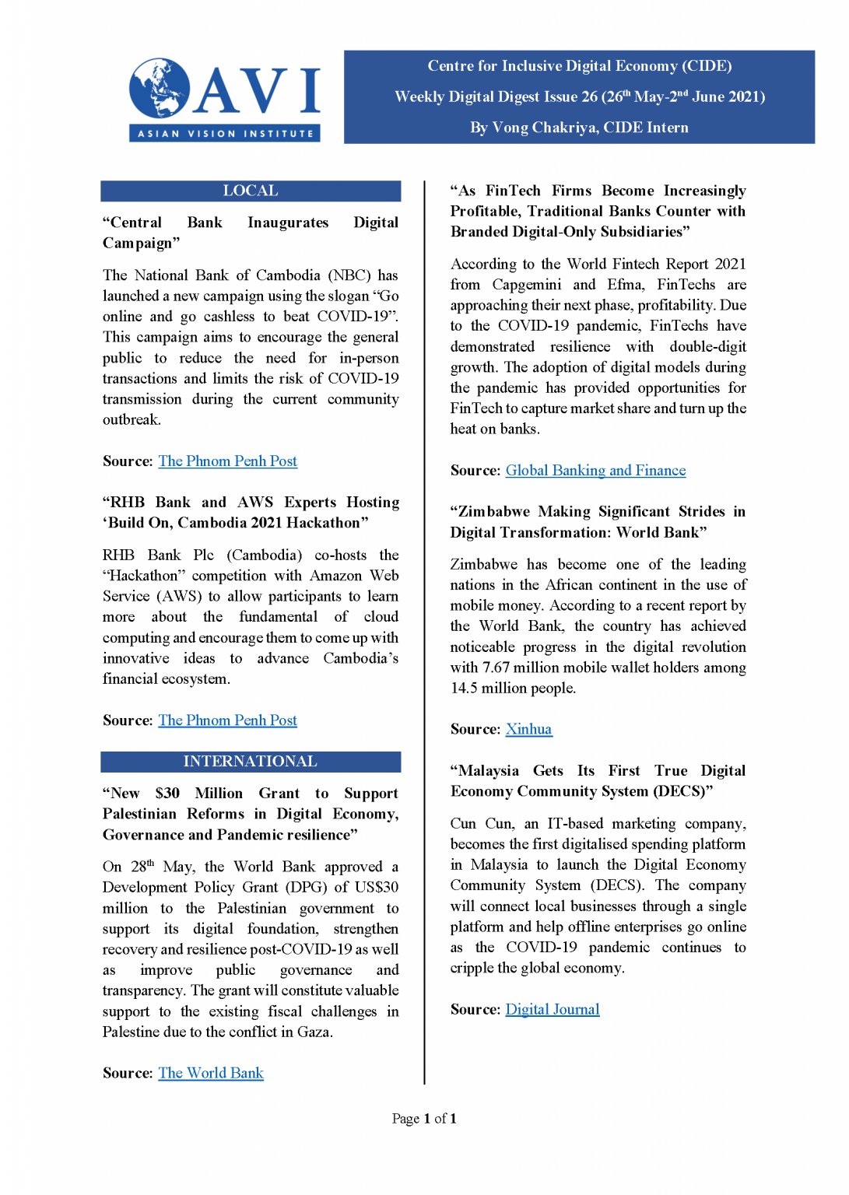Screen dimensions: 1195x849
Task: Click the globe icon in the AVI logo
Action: (x=160, y=88)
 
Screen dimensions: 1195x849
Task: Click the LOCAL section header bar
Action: (x=251, y=191)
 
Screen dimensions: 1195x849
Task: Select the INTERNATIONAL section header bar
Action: (x=251, y=762)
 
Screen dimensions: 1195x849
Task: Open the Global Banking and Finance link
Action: (x=595, y=471)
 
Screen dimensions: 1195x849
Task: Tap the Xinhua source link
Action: (x=528, y=730)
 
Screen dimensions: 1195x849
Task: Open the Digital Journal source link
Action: (x=552, y=1010)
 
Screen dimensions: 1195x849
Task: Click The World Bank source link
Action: (x=211, y=1074)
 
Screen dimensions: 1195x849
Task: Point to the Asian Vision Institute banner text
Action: (x=225, y=134)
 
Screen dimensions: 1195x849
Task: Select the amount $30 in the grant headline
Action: (x=167, y=794)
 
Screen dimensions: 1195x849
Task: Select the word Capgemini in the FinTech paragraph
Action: (x=526, y=285)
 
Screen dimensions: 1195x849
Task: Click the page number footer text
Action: (x=424, y=1119)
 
